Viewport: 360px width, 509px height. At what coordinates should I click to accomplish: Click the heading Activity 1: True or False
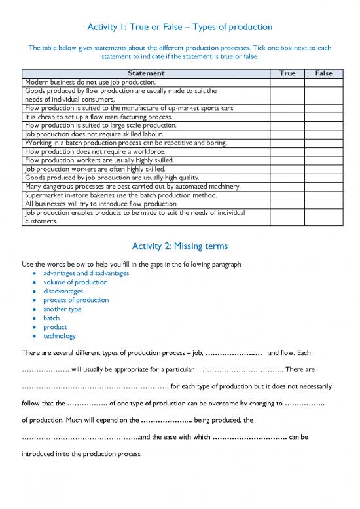179,27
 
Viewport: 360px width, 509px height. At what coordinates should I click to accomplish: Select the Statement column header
146,74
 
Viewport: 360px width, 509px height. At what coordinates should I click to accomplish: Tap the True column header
287,74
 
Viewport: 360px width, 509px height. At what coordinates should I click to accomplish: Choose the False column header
323,74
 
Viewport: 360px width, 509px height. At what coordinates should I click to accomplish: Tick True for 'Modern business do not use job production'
287,83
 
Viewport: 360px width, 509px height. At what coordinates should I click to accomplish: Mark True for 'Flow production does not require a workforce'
287,151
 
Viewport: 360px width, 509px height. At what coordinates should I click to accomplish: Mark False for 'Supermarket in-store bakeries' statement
323,195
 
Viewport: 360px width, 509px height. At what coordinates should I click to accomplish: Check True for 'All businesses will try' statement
287,204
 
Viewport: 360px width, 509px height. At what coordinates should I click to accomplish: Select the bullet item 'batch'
51,318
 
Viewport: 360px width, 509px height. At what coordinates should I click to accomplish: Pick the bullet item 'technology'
59,336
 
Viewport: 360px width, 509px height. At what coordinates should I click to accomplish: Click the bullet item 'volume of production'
75,282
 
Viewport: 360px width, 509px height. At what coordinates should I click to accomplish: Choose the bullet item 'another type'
62,309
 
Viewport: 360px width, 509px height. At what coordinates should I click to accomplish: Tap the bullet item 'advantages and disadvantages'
86,273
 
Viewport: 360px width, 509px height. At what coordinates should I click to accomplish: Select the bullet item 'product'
55,327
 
